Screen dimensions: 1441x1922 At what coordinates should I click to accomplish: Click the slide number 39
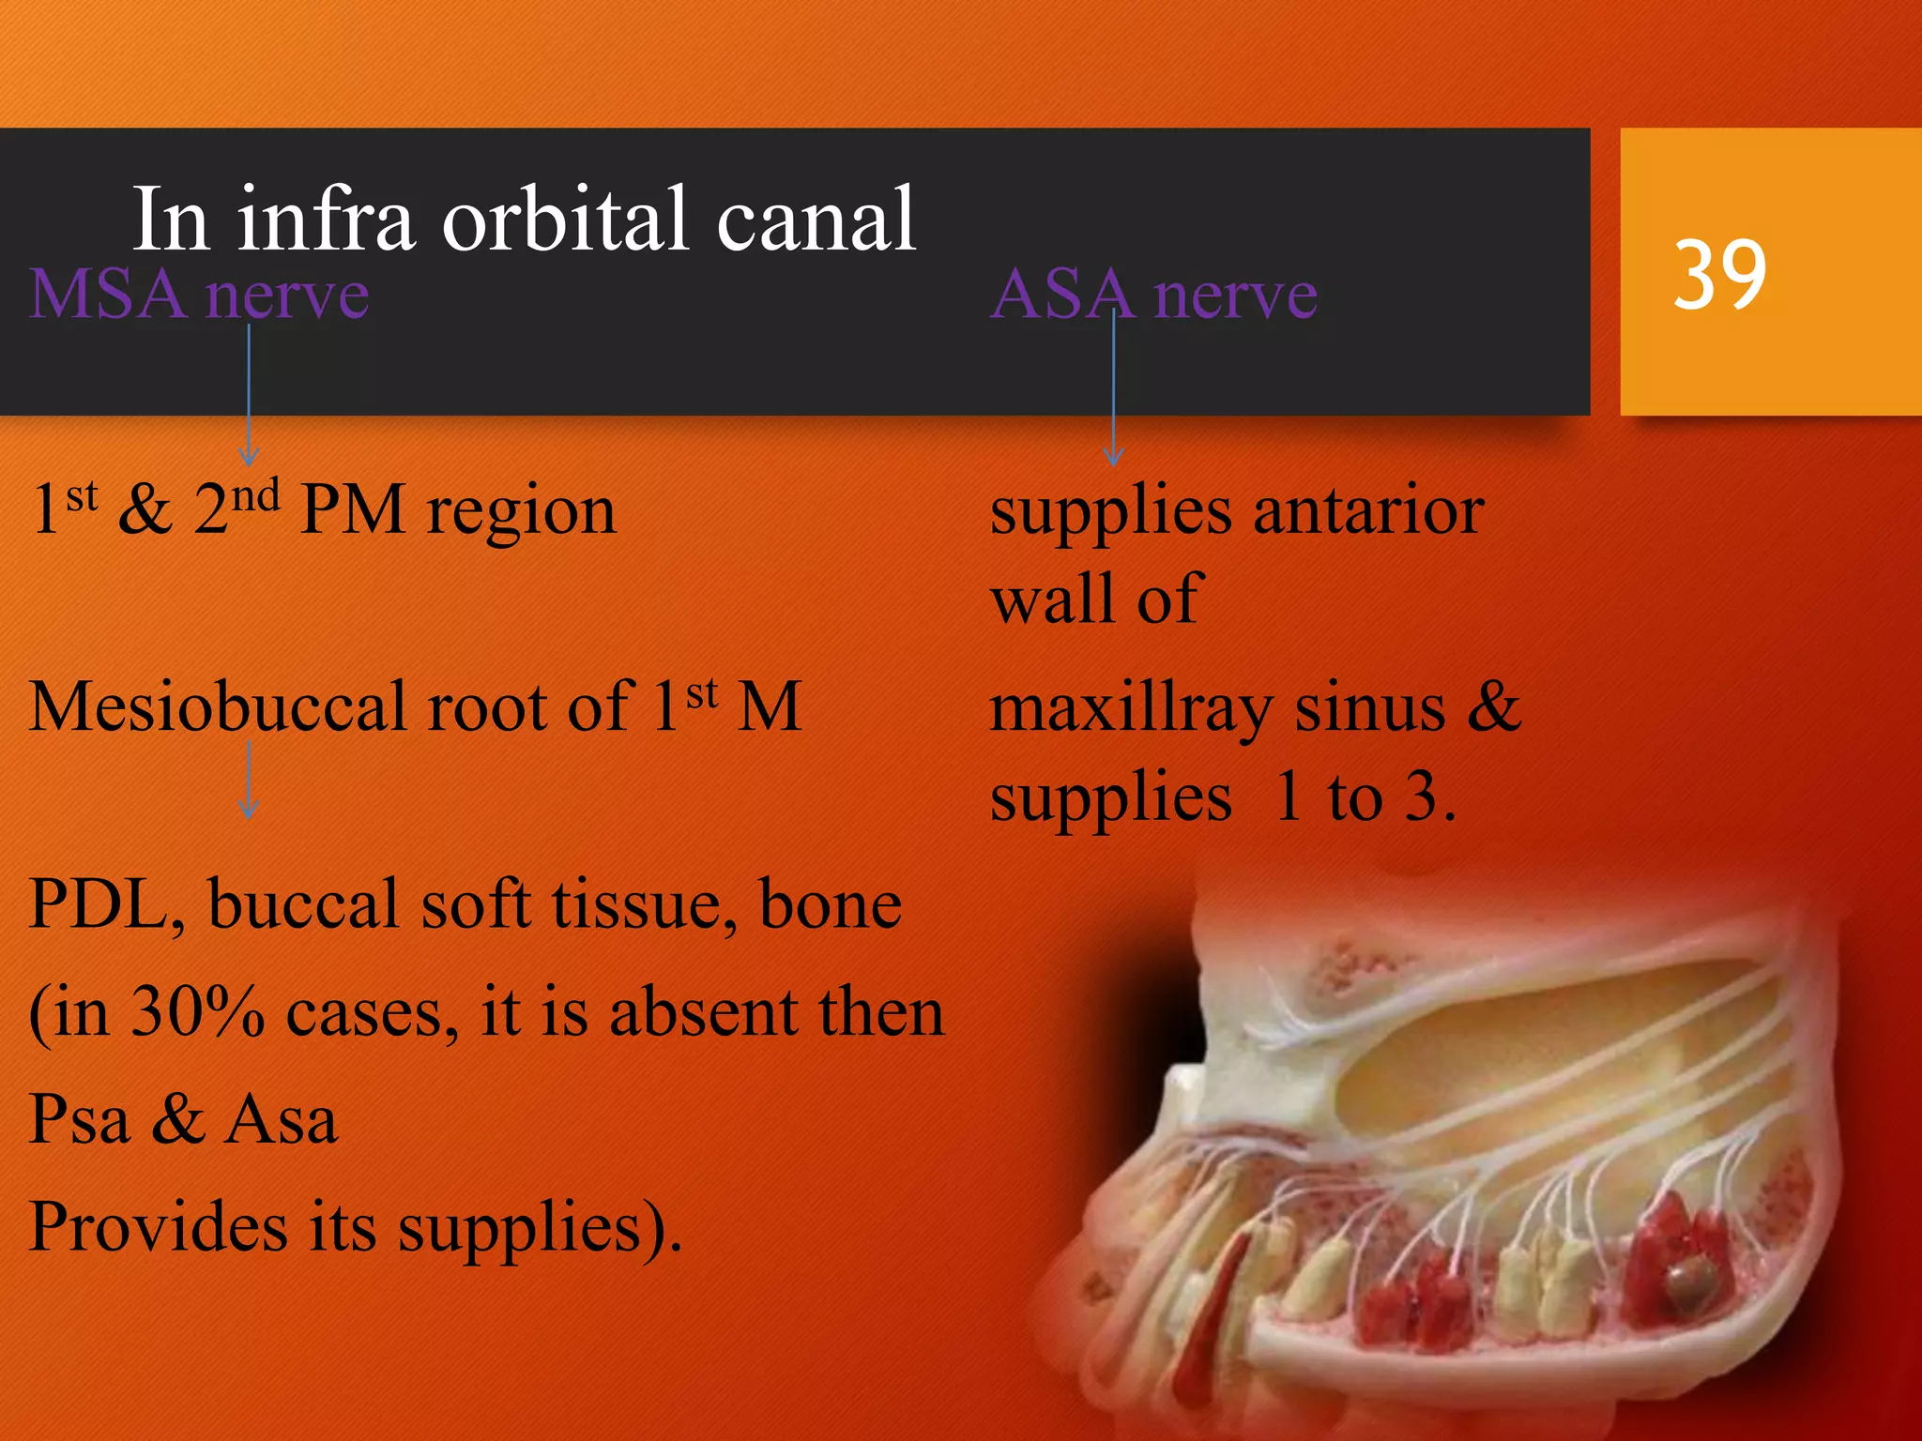click(1719, 274)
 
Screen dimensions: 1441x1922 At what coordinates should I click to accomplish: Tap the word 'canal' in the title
click(816, 220)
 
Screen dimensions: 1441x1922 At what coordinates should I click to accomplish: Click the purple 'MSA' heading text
click(107, 295)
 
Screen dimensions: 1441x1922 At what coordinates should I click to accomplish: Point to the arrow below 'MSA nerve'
click(249, 394)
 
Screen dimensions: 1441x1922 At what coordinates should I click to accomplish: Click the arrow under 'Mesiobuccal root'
click(249, 779)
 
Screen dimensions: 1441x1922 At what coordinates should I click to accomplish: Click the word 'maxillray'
click(1131, 710)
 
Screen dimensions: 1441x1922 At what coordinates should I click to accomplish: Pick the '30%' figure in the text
click(197, 1013)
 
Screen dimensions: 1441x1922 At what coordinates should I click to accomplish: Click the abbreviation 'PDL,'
click(106, 905)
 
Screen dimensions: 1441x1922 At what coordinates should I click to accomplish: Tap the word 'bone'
click(830, 905)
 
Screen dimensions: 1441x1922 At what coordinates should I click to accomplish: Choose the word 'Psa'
click(79, 1120)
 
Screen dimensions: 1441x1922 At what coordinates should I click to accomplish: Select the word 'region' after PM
click(521, 513)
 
